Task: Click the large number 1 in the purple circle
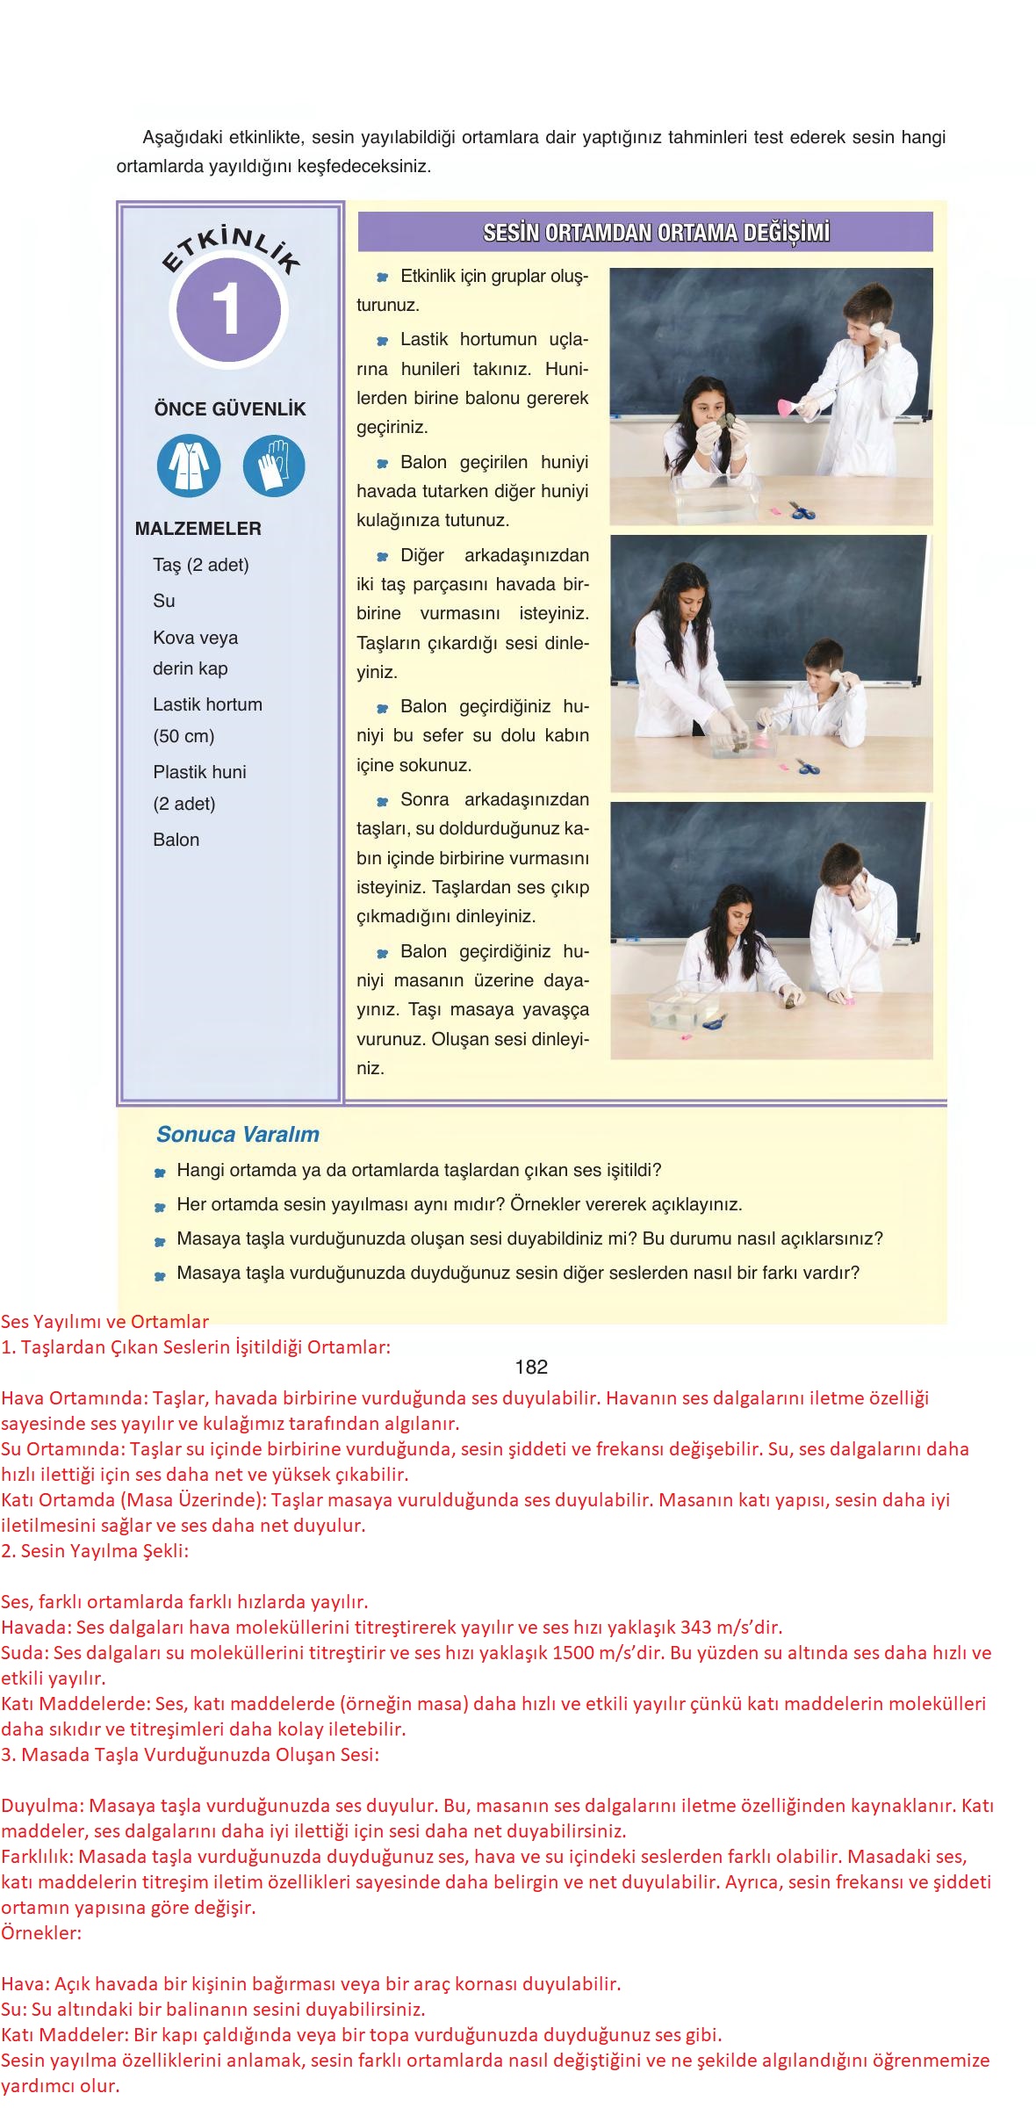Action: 227,311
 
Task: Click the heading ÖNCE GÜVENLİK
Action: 230,409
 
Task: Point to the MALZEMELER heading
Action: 198,529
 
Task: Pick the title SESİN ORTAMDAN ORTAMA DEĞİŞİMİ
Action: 656,234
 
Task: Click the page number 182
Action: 531,1367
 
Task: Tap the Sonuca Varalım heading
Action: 237,1134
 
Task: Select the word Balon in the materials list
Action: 176,840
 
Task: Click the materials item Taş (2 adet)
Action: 201,565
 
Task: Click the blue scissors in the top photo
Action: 801,510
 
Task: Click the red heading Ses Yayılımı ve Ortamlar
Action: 105,1321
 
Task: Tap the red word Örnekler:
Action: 41,1933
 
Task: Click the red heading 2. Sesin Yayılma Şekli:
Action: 95,1550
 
